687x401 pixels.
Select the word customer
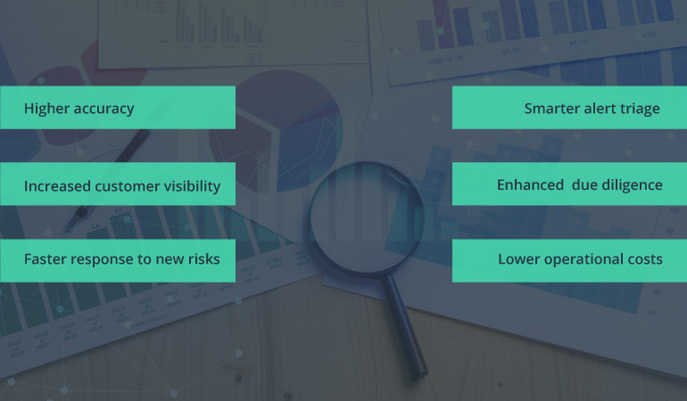130,186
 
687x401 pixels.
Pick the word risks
203,259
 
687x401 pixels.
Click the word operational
581,259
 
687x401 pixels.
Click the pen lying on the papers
107,178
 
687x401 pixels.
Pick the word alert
600,109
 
